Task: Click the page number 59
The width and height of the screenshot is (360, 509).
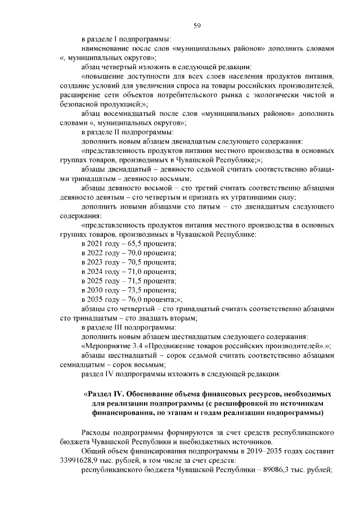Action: tap(197, 25)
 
